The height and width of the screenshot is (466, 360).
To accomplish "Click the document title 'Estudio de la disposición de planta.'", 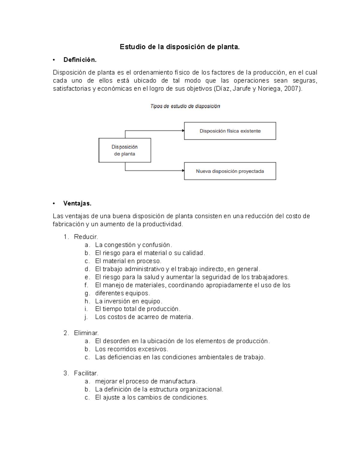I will [180, 47].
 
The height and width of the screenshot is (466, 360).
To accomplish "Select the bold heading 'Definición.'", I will [80, 60].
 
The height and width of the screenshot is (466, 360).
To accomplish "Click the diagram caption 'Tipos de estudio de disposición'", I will [185, 106].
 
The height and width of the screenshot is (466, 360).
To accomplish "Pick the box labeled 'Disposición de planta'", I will [124, 150].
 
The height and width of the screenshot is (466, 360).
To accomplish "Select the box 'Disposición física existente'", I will [230, 131].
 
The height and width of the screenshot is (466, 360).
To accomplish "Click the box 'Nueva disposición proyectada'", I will [230, 171].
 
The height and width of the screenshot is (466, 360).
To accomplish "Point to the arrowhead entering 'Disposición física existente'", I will [182, 131].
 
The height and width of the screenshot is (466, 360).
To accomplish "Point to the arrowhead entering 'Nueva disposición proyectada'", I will [182, 171].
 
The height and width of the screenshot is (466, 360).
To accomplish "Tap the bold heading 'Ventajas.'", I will [77, 203].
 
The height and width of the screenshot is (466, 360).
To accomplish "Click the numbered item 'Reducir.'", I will [86, 237].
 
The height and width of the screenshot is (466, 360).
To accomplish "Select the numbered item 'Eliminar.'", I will [86, 333].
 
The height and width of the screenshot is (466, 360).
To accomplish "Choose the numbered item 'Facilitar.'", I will [86, 373].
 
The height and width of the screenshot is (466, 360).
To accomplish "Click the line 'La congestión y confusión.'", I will [133, 245].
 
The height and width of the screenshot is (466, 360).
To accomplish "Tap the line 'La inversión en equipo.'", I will [128, 301].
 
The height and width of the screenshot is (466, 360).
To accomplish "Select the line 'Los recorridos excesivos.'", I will [131, 349].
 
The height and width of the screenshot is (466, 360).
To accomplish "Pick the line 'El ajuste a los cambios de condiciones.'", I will [151, 397].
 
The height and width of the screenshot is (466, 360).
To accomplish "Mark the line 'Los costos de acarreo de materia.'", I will [144, 317].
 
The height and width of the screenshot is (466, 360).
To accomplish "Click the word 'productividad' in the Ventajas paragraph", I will [162, 224].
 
